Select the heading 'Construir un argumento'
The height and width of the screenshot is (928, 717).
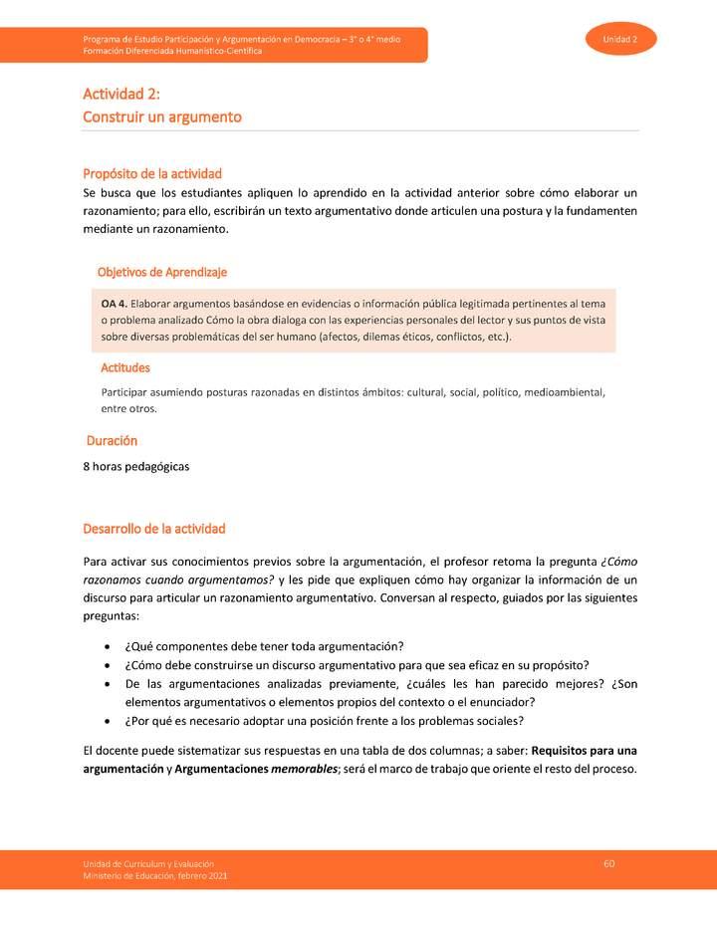(162, 116)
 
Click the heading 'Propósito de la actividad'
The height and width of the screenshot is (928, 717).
(152, 173)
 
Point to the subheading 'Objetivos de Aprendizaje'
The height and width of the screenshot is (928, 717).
(162, 272)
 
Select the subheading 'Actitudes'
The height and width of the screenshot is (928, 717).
(125, 367)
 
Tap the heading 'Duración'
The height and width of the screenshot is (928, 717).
(111, 440)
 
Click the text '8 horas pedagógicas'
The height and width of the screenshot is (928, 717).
(136, 465)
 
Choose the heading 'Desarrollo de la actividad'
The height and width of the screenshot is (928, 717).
(154, 528)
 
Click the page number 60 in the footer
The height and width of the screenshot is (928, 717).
(608, 862)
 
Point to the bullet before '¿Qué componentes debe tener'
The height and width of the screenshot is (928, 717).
(108, 645)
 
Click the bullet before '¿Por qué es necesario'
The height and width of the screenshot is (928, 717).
(108, 721)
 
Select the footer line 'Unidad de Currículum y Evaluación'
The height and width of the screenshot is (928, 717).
(148, 862)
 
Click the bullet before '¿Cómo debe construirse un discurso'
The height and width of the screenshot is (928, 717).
(108, 664)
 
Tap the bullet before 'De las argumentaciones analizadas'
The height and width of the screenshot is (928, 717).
(108, 683)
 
